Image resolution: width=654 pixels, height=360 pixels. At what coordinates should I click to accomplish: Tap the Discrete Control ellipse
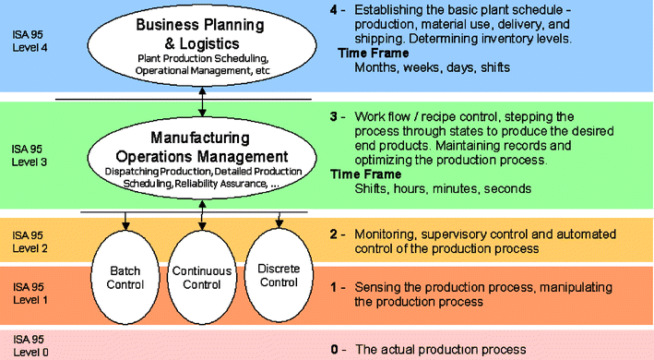coord(278,270)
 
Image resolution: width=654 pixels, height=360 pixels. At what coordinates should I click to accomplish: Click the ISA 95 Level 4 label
coord(27,41)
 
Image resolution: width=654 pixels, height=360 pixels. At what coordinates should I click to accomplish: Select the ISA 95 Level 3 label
coord(27,154)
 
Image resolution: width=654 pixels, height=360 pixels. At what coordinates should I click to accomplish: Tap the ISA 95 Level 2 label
coord(27,241)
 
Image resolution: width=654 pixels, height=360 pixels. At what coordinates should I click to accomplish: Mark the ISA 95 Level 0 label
coord(27,346)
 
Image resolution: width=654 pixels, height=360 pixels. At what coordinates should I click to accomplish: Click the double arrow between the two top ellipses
coord(202,98)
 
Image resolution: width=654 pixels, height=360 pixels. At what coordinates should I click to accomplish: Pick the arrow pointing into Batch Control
coord(125,222)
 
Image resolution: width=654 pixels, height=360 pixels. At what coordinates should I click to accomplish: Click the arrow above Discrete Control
coord(278,221)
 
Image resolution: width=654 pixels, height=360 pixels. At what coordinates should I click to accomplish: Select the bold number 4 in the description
coord(334,11)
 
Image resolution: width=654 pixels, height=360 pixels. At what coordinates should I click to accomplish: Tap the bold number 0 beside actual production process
coord(334,349)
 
